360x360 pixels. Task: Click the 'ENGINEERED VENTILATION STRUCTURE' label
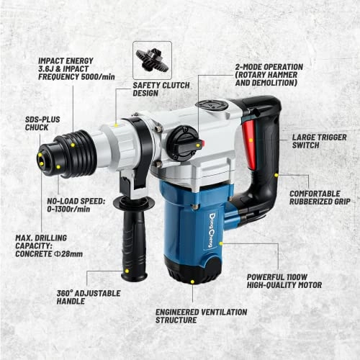pos(201,315)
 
